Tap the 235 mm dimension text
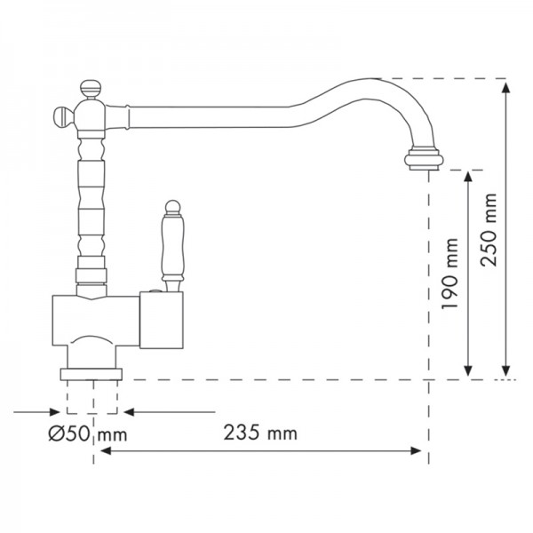tap(259, 434)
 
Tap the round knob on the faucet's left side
tap(60, 114)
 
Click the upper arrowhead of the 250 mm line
tap(506, 84)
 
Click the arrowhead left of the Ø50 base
tap(61, 412)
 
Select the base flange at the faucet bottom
tap(91, 371)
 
